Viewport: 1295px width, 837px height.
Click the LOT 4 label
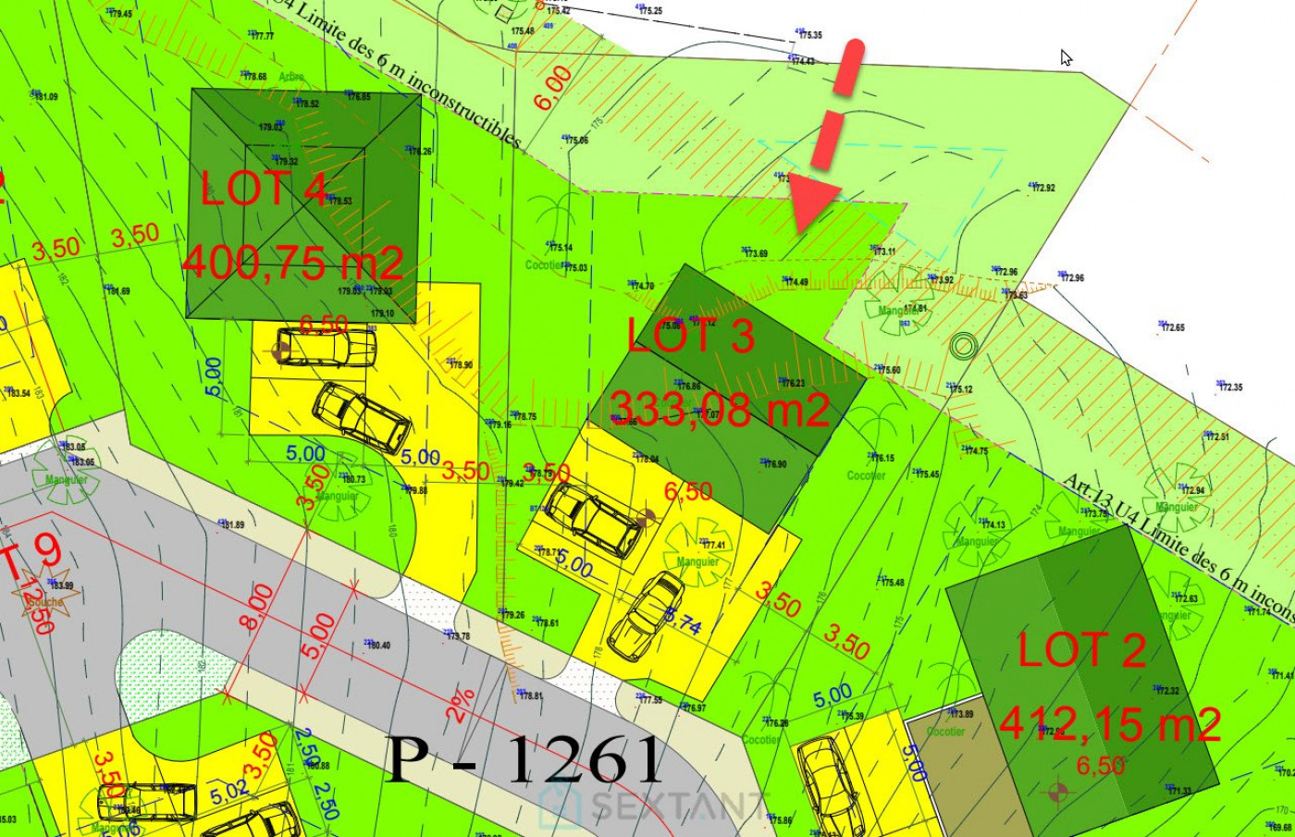[x=265, y=189]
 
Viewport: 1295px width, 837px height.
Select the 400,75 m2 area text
[x=293, y=263]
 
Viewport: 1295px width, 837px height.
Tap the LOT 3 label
[x=690, y=335]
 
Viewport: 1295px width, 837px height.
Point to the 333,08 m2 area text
[x=720, y=408]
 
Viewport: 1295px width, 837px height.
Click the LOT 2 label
[x=1082, y=651]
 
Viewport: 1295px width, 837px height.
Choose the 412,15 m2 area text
[x=1110, y=724]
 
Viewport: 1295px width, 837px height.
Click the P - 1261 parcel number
[x=524, y=760]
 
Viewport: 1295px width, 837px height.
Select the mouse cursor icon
[x=1067, y=57]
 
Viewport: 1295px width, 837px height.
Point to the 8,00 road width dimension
[x=258, y=607]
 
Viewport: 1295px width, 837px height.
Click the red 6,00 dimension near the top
[x=553, y=89]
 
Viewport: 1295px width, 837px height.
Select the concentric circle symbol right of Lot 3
[x=963, y=347]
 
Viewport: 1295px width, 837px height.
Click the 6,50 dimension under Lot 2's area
[x=1101, y=766]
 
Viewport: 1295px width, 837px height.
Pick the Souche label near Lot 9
[x=43, y=601]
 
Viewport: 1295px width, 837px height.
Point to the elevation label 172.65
[x=1173, y=327]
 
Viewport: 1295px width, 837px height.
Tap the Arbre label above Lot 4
[x=290, y=78]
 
